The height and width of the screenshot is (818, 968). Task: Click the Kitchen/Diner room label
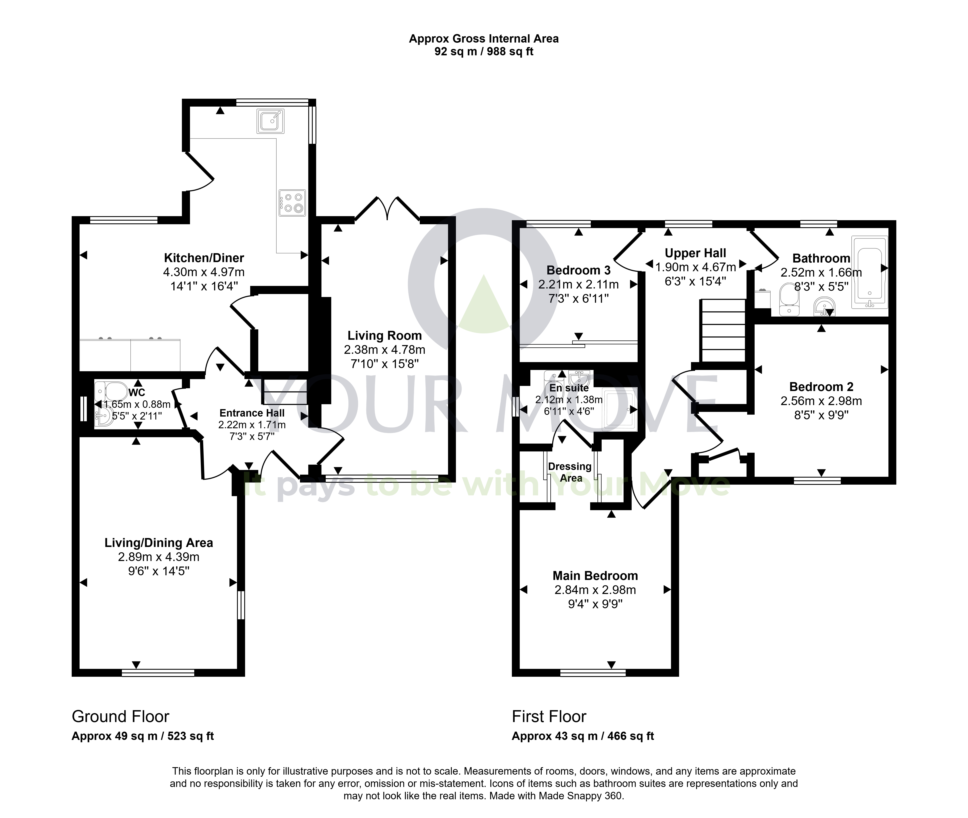click(x=204, y=258)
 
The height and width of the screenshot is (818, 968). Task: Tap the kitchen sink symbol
click(x=270, y=121)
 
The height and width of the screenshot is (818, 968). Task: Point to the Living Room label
click(x=385, y=336)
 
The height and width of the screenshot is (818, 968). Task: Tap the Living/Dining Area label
click(x=158, y=543)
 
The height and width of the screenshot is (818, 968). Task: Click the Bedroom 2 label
click(x=821, y=387)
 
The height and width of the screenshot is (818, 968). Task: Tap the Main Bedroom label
click(x=595, y=576)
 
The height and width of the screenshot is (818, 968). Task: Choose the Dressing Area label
click(x=570, y=472)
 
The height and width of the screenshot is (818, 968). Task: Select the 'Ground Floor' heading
click(x=121, y=717)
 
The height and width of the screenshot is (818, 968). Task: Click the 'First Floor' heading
click(x=549, y=717)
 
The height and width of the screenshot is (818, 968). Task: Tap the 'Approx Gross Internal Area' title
click(x=484, y=39)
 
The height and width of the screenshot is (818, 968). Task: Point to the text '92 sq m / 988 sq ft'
click(x=484, y=51)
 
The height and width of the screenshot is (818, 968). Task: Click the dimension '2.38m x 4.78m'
click(x=385, y=350)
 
